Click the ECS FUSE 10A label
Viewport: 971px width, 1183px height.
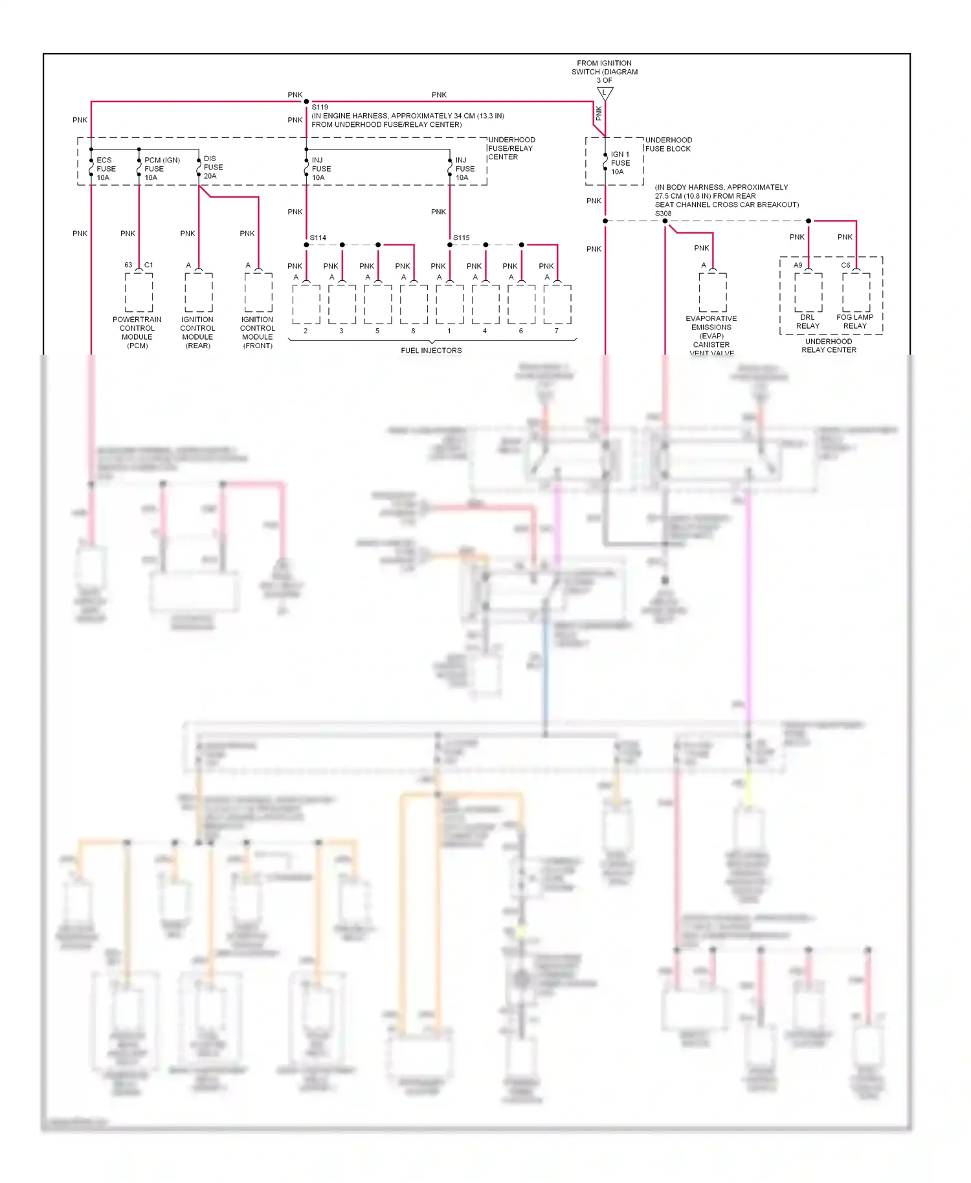(106, 169)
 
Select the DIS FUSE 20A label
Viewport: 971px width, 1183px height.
(212, 167)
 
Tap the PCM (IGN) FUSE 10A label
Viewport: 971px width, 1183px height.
(161, 169)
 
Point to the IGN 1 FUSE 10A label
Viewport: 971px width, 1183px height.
(619, 163)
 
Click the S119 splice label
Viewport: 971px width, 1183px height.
(320, 107)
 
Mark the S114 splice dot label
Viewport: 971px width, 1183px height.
(318, 238)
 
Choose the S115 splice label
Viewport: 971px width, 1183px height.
(461, 238)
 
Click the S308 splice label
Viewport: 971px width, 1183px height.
(663, 214)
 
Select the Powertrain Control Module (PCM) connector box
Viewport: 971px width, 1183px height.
(139, 293)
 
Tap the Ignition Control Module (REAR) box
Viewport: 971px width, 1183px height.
(198, 293)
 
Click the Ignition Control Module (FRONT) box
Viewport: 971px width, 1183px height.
(258, 293)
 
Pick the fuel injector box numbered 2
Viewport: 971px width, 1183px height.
(306, 304)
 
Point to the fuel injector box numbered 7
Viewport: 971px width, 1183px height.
(557, 304)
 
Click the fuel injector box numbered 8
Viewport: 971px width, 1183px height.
(414, 304)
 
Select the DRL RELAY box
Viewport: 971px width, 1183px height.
(808, 293)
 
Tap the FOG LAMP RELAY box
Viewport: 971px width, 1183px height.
(856, 293)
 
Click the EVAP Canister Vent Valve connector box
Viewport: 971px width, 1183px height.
(712, 293)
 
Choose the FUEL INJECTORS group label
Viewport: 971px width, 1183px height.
(431, 351)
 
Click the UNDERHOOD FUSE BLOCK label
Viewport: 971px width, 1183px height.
(668, 144)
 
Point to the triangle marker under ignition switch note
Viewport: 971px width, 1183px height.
(605, 93)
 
